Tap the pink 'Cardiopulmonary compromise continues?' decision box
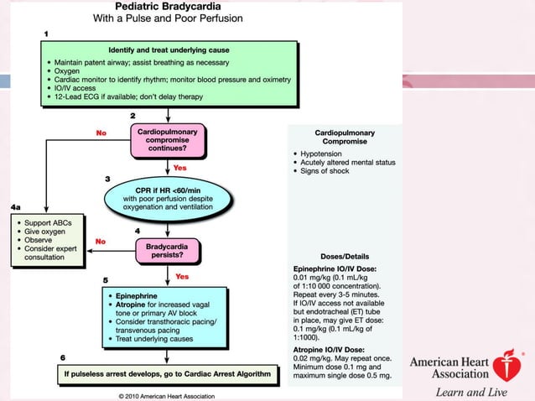click(173, 139)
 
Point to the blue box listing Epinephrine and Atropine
click(165, 318)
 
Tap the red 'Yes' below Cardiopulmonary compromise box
click(180, 168)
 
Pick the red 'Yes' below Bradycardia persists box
click(182, 276)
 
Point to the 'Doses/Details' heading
click(345, 256)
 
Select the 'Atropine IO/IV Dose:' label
click(323, 348)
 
